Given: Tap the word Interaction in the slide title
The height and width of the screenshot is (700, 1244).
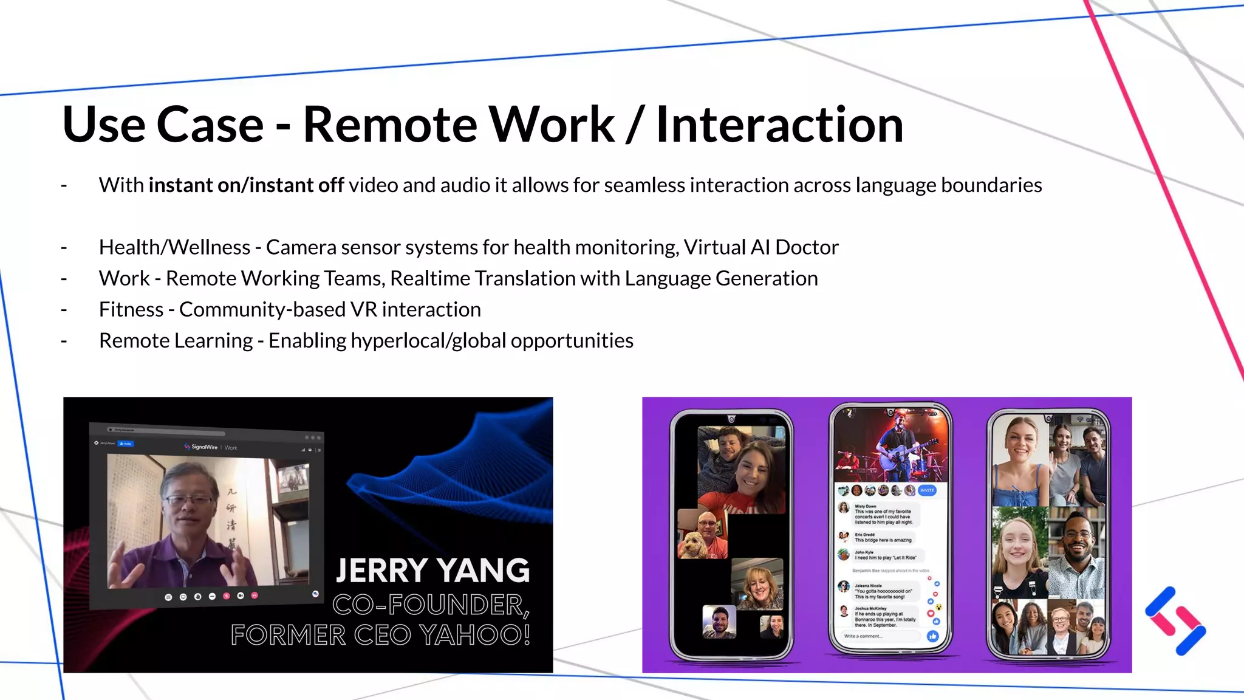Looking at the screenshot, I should (x=780, y=125).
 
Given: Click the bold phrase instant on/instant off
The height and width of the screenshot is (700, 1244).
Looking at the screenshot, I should (x=246, y=185).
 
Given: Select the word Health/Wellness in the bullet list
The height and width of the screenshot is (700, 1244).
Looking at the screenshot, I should (x=174, y=247).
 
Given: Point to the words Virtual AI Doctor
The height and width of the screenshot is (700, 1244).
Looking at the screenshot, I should (x=760, y=247).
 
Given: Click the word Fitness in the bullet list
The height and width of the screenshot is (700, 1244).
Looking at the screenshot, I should (x=131, y=310).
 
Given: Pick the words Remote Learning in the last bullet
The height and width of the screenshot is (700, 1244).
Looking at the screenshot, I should (x=176, y=341).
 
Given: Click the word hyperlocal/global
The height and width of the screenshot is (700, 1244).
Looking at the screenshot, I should (x=428, y=341).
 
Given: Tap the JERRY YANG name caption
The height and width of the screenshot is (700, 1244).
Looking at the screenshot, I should (x=432, y=571).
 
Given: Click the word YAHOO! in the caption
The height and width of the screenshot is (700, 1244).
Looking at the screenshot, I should (x=475, y=635).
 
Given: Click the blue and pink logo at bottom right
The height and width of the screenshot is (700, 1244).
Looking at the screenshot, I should (x=1175, y=621).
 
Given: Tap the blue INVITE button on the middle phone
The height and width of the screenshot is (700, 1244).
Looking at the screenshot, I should (x=926, y=490).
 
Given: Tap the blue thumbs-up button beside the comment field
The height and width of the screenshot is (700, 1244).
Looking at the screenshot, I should (x=932, y=636).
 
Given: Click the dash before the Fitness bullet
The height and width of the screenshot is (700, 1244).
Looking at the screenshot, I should (x=64, y=310).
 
